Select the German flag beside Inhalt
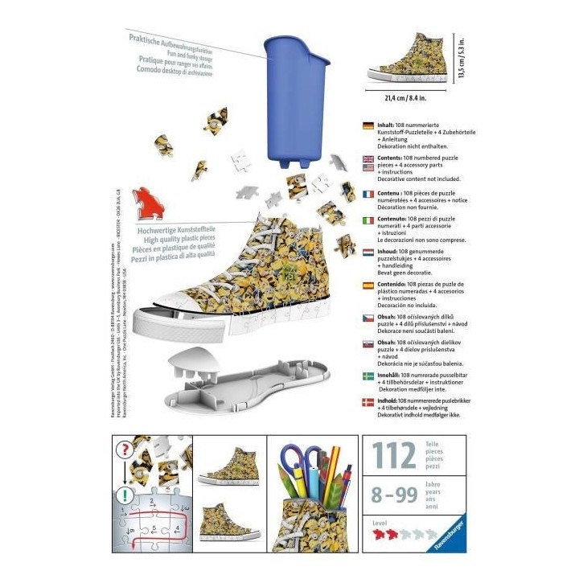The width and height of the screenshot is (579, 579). [x=368, y=125]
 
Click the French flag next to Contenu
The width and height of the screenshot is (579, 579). [x=368, y=194]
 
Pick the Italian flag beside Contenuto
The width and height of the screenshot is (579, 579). [x=368, y=220]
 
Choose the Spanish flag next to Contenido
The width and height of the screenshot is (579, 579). [x=368, y=287]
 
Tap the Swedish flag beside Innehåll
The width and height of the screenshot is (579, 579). [x=368, y=376]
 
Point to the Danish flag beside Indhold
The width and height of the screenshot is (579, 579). [x=368, y=401]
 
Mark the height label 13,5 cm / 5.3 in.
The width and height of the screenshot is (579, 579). [x=462, y=58]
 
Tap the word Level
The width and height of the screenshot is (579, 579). [x=379, y=523]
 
